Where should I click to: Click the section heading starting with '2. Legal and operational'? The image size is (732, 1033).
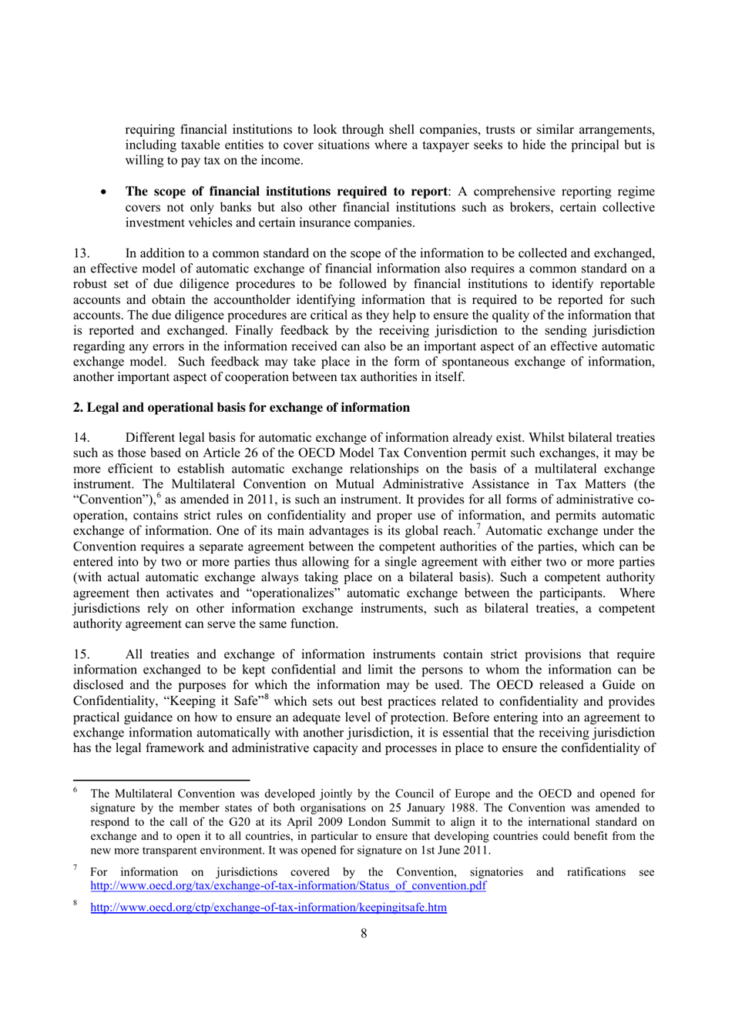click(241, 407)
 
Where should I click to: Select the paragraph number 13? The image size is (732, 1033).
click(81, 253)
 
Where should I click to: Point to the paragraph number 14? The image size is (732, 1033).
click(81, 437)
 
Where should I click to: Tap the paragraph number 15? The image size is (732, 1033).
click(81, 654)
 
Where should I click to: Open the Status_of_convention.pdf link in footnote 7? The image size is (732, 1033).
click(288, 886)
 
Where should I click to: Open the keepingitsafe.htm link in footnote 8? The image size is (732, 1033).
click(268, 908)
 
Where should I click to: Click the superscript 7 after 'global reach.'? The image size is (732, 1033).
click(478, 527)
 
